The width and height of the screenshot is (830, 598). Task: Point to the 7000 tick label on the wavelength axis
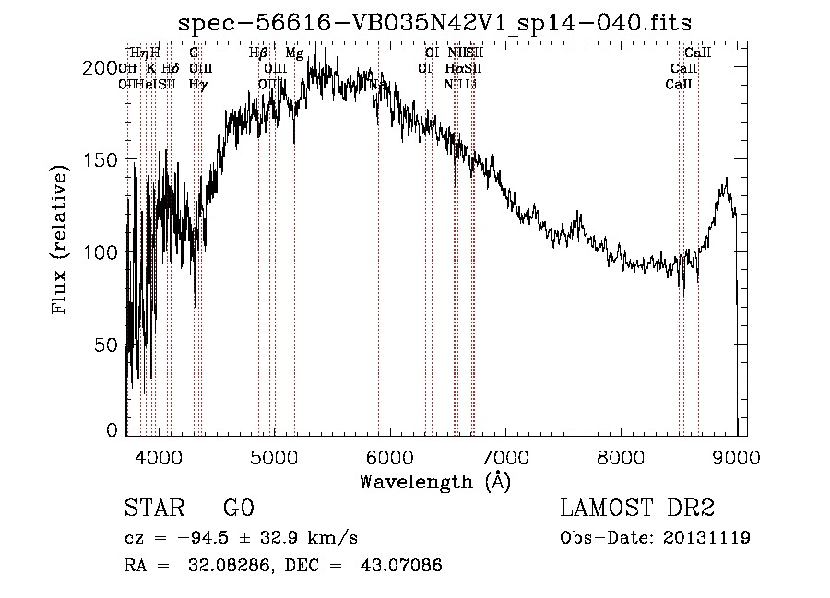click(x=504, y=457)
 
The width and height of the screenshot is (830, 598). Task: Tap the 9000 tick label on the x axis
click(x=736, y=457)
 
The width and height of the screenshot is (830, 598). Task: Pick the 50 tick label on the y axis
click(x=109, y=346)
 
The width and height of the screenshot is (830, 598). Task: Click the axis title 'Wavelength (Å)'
click(x=434, y=481)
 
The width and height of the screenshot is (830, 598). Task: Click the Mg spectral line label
click(x=294, y=53)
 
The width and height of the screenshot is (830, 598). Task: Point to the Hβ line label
click(x=258, y=53)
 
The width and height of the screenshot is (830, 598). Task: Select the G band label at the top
click(x=194, y=53)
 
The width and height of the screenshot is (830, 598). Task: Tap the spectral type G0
click(x=238, y=510)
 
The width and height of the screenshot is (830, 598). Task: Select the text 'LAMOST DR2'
click(x=637, y=510)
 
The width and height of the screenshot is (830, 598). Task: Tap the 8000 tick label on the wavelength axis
click(x=620, y=457)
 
